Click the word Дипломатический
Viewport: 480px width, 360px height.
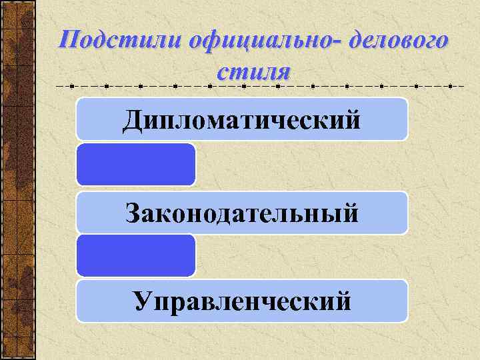pyautogui.click(x=241, y=121)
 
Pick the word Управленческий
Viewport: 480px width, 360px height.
pyautogui.click(x=241, y=301)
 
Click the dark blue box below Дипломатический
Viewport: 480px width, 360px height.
pyautogui.click(x=136, y=164)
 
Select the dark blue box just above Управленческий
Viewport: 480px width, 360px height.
pyautogui.click(x=136, y=255)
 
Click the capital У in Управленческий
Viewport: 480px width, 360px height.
pyautogui.click(x=142, y=301)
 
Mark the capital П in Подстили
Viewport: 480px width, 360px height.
pyautogui.click(x=69, y=41)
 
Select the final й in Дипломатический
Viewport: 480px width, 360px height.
pyautogui.click(x=352, y=120)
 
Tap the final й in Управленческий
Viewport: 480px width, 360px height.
pyautogui.click(x=343, y=301)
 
